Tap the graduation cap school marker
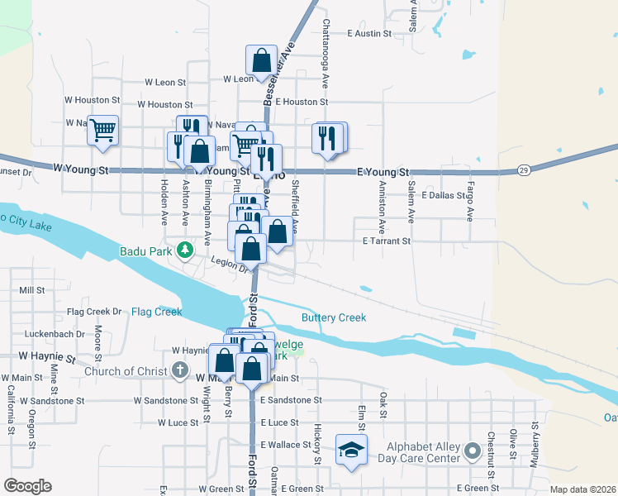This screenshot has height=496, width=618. pyautogui.click(x=351, y=451)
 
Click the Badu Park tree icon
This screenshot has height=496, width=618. pyautogui.click(x=187, y=248)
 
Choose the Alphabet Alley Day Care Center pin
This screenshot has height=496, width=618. pyautogui.click(x=472, y=451)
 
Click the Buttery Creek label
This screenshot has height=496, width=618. pyautogui.click(x=333, y=317)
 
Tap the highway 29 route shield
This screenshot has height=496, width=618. pyautogui.click(x=524, y=169)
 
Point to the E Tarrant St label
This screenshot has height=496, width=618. pyautogui.click(x=387, y=241)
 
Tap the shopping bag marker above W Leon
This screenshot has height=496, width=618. pyautogui.click(x=261, y=60)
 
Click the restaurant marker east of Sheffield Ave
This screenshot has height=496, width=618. pyautogui.click(x=329, y=137)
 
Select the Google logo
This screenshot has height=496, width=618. pyautogui.click(x=27, y=485)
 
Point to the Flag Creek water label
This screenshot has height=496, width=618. pyautogui.click(x=156, y=312)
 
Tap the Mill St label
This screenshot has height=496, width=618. pyautogui.click(x=31, y=290)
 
